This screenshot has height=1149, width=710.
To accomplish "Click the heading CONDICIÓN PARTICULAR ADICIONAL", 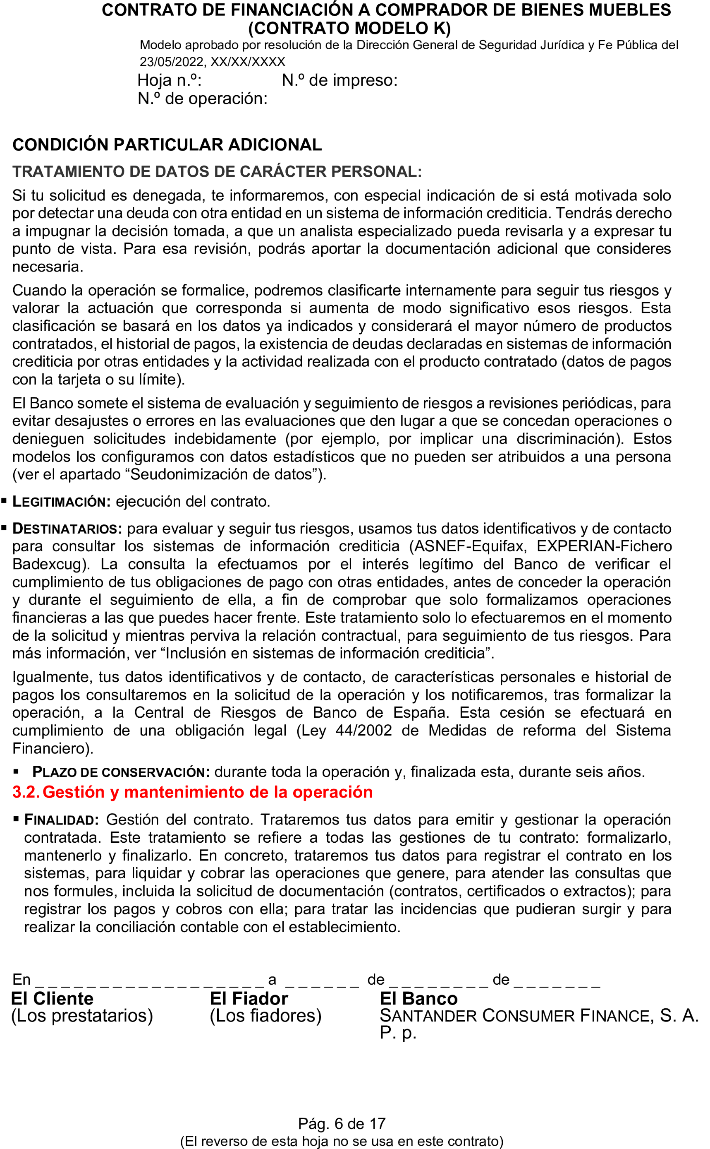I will (x=167, y=145).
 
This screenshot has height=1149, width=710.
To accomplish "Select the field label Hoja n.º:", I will (x=169, y=80).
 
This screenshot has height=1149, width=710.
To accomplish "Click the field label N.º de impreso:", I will (x=339, y=80).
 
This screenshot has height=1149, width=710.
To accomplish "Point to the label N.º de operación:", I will (x=202, y=99).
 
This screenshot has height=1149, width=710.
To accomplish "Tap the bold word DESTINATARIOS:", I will (x=67, y=529).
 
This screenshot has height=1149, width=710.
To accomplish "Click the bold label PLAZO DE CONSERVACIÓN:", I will (x=121, y=772).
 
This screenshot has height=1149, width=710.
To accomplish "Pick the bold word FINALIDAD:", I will (x=61, y=820).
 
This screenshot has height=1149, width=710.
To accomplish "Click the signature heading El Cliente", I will (x=52, y=998).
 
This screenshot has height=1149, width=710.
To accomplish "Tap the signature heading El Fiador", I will (x=249, y=998).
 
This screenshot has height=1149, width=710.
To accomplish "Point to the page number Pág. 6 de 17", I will (x=342, y=1124).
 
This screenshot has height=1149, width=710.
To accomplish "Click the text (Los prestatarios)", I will (x=82, y=1016).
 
